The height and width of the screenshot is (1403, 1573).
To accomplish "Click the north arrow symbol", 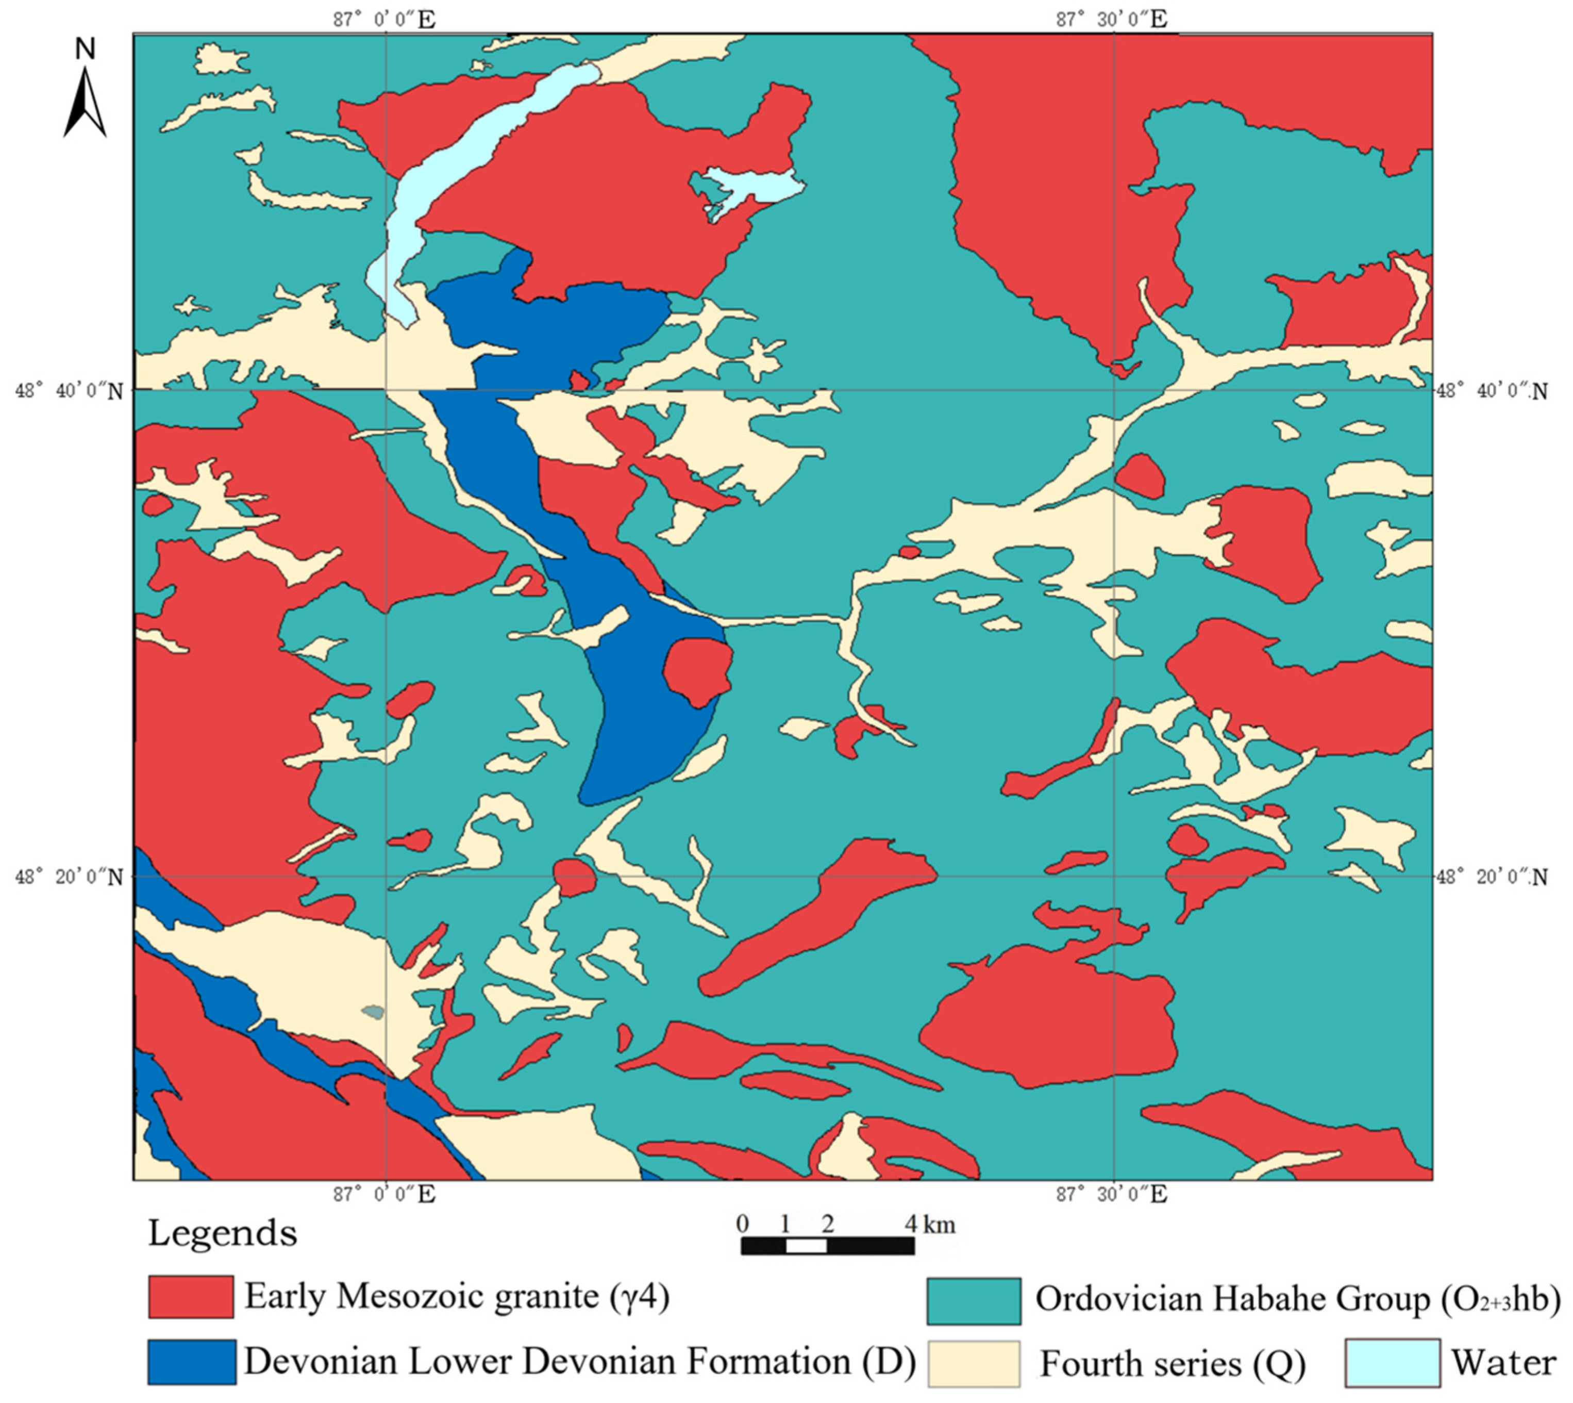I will click(85, 104).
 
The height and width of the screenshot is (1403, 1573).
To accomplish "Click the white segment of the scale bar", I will click(806, 1246).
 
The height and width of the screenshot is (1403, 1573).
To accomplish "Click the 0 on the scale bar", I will click(742, 1224).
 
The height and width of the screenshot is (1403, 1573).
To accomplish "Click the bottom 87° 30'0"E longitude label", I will click(1111, 1194).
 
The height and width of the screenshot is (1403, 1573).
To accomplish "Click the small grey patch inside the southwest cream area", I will click(373, 1012).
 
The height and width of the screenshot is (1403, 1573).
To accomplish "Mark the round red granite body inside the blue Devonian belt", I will click(697, 671).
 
